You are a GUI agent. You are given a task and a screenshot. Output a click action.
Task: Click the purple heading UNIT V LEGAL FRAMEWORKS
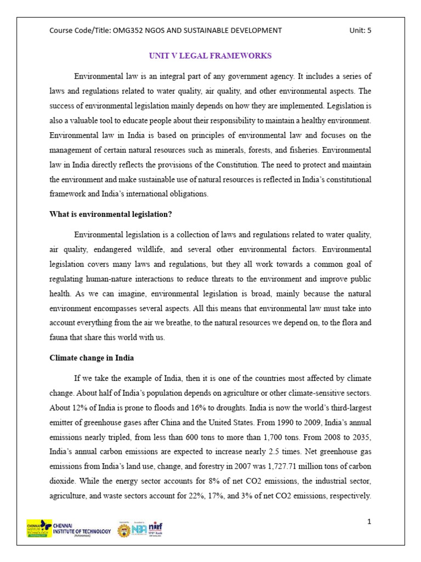pos(210,56)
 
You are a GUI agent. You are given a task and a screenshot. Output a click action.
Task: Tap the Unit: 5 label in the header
pos(360,30)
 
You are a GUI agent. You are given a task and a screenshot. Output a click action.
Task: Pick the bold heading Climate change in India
pos(92,358)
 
